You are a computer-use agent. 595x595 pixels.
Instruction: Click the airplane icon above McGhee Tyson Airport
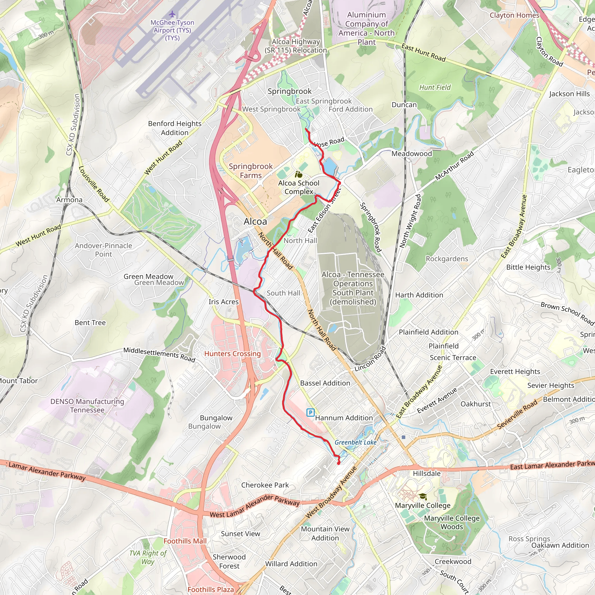click(172, 14)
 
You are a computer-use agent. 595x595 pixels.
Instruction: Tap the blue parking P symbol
click(311, 413)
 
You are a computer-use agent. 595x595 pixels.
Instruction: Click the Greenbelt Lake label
click(355, 442)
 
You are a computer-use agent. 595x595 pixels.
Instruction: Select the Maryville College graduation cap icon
click(423, 496)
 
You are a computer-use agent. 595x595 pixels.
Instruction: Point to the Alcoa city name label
click(255, 221)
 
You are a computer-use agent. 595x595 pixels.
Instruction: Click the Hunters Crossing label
click(232, 354)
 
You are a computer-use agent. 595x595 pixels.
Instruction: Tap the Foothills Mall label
click(185, 541)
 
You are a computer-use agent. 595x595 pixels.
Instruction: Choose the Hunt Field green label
click(435, 87)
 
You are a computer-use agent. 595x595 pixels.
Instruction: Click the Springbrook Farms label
click(251, 171)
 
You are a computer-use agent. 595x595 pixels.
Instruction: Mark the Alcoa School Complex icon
click(298, 175)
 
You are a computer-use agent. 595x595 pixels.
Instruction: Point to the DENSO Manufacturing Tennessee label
click(87, 406)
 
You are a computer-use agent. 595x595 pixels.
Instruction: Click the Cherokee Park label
click(265, 485)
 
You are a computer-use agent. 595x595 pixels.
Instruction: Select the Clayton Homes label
click(514, 15)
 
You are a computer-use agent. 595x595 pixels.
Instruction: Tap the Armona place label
click(69, 200)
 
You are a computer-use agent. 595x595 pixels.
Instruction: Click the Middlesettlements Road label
click(159, 354)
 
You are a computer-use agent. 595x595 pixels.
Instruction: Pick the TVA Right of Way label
click(148, 557)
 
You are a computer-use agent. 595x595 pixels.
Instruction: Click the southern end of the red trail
click(339, 463)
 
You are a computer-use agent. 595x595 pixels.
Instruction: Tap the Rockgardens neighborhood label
click(447, 259)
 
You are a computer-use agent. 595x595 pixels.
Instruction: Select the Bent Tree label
click(90, 322)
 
